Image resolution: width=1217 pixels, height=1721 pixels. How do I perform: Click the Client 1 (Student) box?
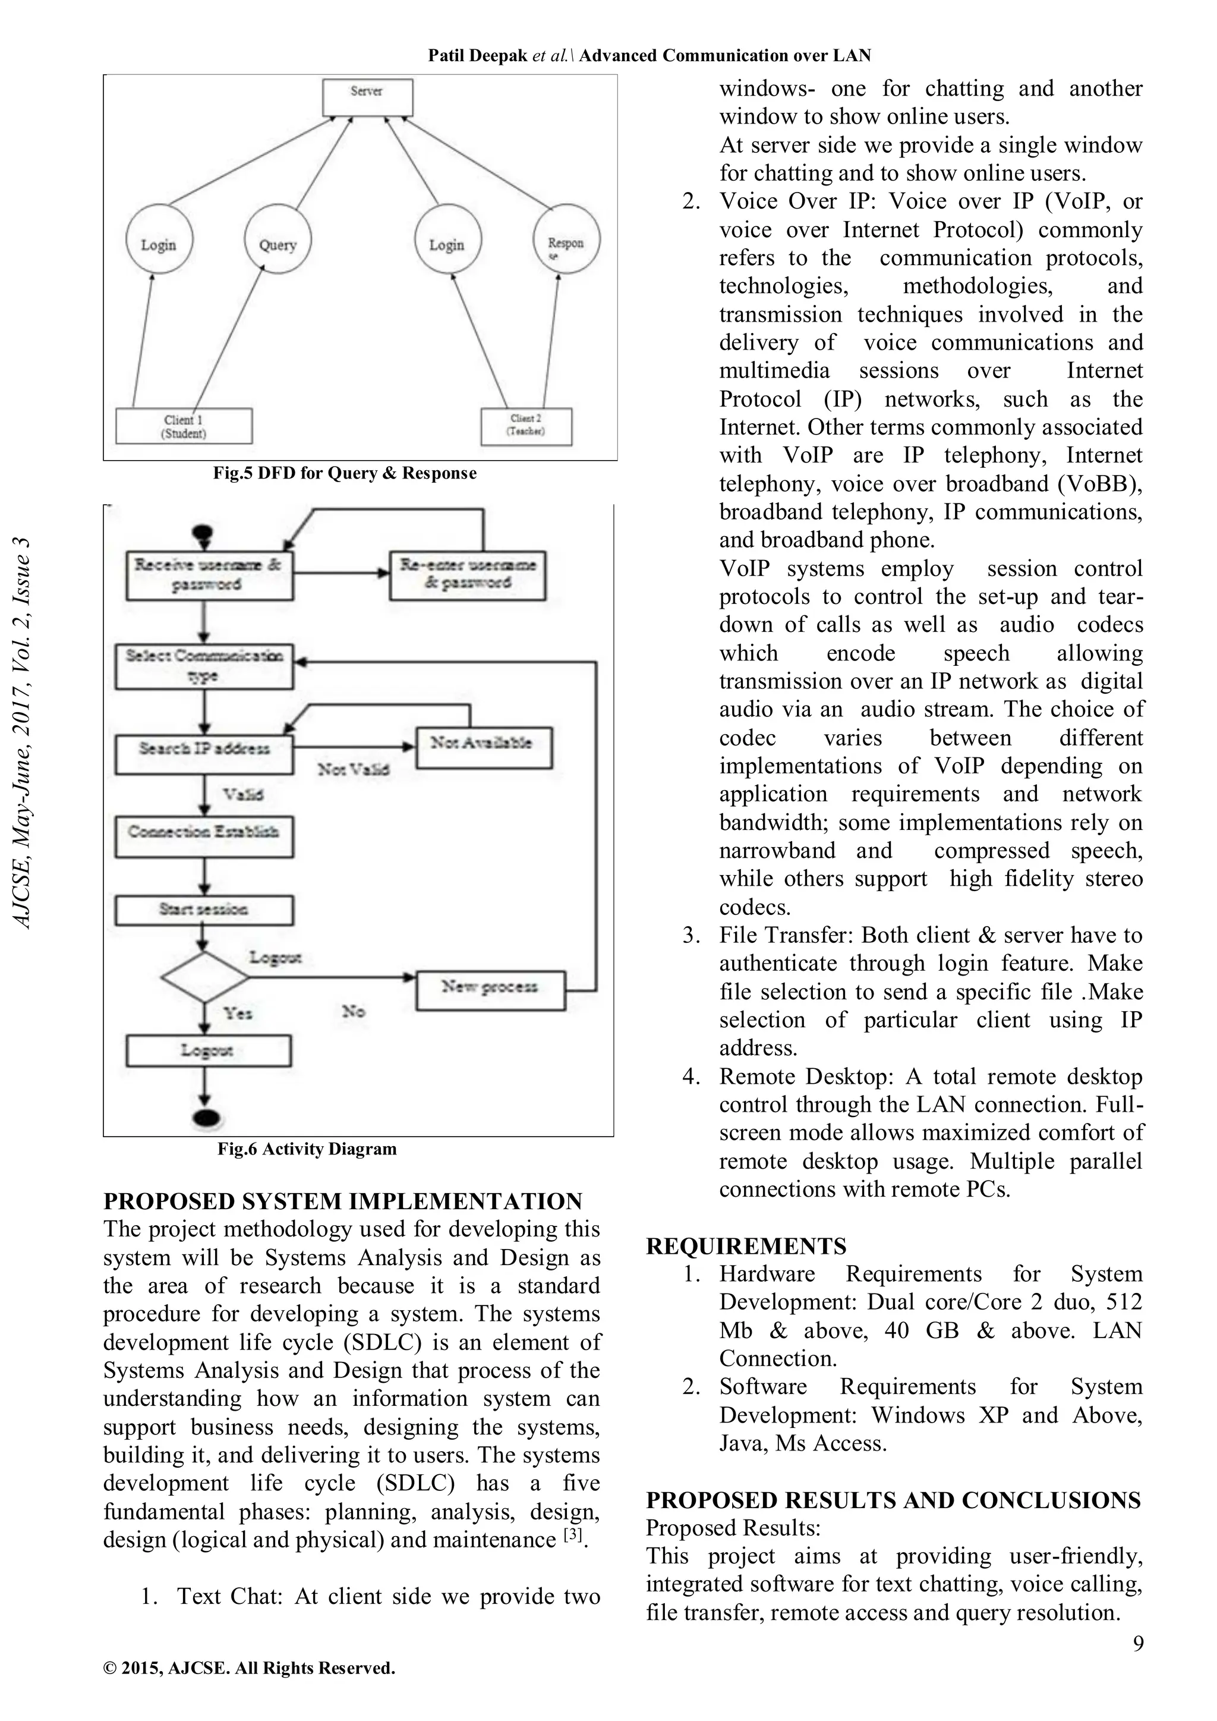coord(184,426)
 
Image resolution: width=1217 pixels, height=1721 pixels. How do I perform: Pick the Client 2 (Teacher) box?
coord(526,426)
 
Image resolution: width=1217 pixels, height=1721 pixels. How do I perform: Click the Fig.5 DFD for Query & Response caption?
coord(345,474)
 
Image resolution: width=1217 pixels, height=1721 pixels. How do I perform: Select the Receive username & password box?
coord(209,575)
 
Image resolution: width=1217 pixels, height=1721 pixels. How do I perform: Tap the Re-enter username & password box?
coord(468,575)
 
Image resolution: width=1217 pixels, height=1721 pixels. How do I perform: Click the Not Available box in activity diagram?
coord(483,747)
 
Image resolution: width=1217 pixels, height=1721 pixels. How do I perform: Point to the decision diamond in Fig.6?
coord(204,977)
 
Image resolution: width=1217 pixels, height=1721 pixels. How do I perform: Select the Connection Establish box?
coord(204,836)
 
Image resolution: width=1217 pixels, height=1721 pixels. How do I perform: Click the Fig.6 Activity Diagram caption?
coord(307,1149)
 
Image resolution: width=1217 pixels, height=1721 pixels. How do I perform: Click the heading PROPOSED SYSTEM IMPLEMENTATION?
coord(342,1201)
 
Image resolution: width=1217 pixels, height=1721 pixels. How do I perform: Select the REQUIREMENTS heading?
coord(746,1247)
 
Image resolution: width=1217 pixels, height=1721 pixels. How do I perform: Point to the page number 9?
coord(1137,1643)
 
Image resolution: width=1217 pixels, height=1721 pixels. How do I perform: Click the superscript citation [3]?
coord(572,1534)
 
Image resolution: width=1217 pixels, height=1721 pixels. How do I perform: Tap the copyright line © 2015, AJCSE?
coord(249,1667)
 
